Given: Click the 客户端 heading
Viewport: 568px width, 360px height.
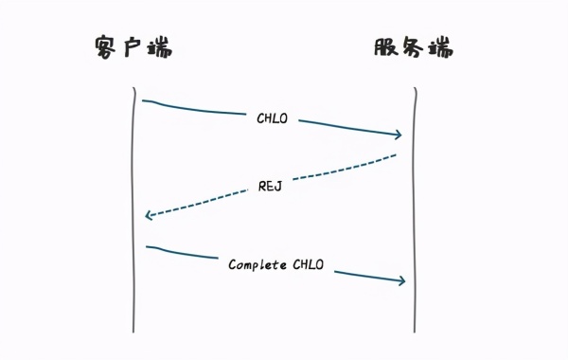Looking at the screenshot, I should (133, 47).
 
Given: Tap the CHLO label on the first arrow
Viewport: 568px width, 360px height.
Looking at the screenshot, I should (273, 119).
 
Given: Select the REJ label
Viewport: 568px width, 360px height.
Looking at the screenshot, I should (271, 187).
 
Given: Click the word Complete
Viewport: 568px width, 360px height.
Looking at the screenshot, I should (257, 264).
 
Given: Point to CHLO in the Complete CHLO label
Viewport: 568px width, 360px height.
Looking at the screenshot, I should (307, 264).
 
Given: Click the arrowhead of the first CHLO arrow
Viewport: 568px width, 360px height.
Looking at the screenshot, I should (399, 135).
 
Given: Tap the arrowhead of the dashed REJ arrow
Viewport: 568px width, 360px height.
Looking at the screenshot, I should (148, 216).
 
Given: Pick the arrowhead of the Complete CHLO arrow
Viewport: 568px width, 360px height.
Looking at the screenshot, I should (402, 280).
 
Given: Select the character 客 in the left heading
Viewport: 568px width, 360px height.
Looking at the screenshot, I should (107, 47).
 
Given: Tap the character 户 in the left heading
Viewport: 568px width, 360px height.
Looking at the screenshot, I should (133, 47).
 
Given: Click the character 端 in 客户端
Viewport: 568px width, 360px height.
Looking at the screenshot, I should (160, 47).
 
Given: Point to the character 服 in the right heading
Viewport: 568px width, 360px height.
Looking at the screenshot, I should (386, 47).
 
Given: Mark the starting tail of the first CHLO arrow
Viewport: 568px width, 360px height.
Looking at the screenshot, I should (144, 100).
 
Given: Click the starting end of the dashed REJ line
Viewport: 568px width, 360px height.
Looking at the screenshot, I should (396, 153).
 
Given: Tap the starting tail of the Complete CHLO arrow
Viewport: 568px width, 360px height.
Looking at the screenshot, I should (148, 247).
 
